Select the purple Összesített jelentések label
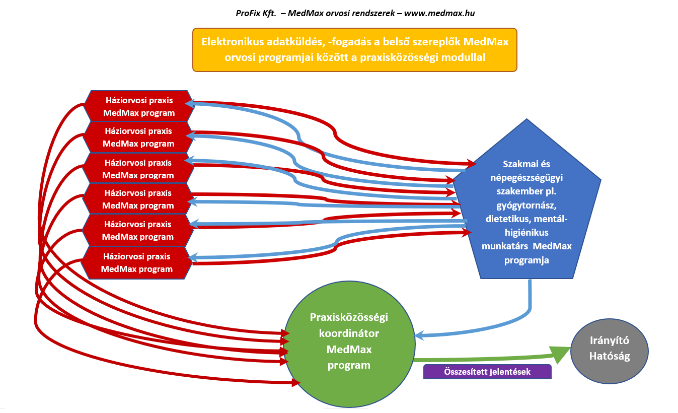488,372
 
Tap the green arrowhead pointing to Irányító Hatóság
560,354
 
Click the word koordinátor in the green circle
349,333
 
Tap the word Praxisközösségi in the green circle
349,318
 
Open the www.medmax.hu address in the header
439,14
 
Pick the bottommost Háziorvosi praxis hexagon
137,262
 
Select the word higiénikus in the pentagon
526,233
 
